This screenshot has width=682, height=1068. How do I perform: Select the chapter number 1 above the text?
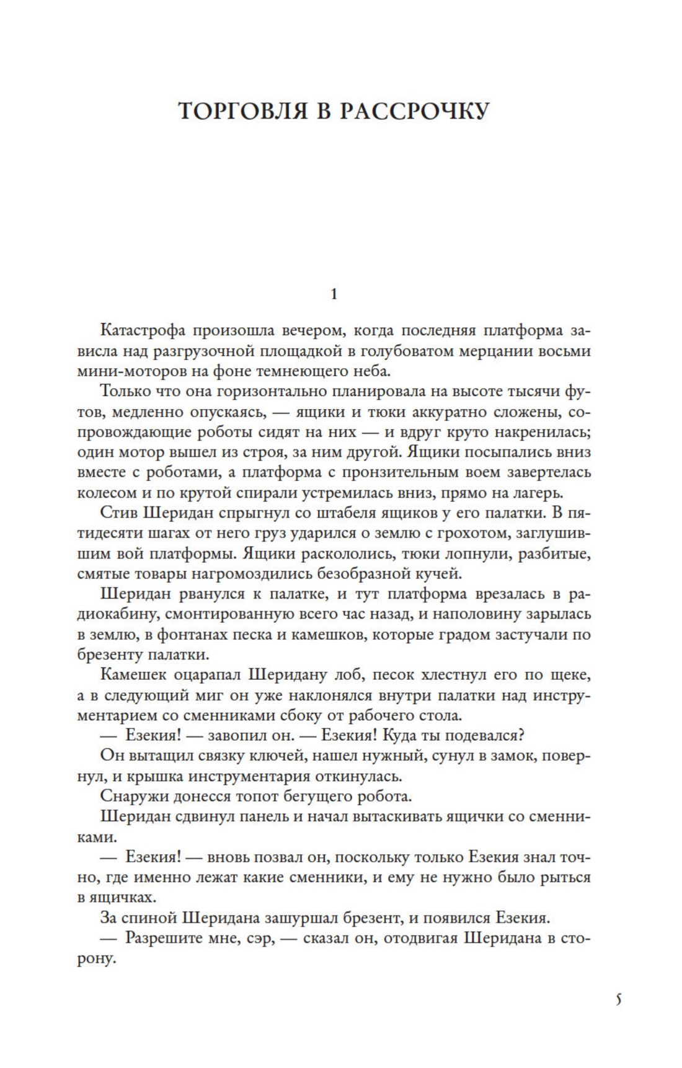click(x=334, y=294)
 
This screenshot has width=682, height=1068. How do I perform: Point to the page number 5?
click(x=618, y=1000)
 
